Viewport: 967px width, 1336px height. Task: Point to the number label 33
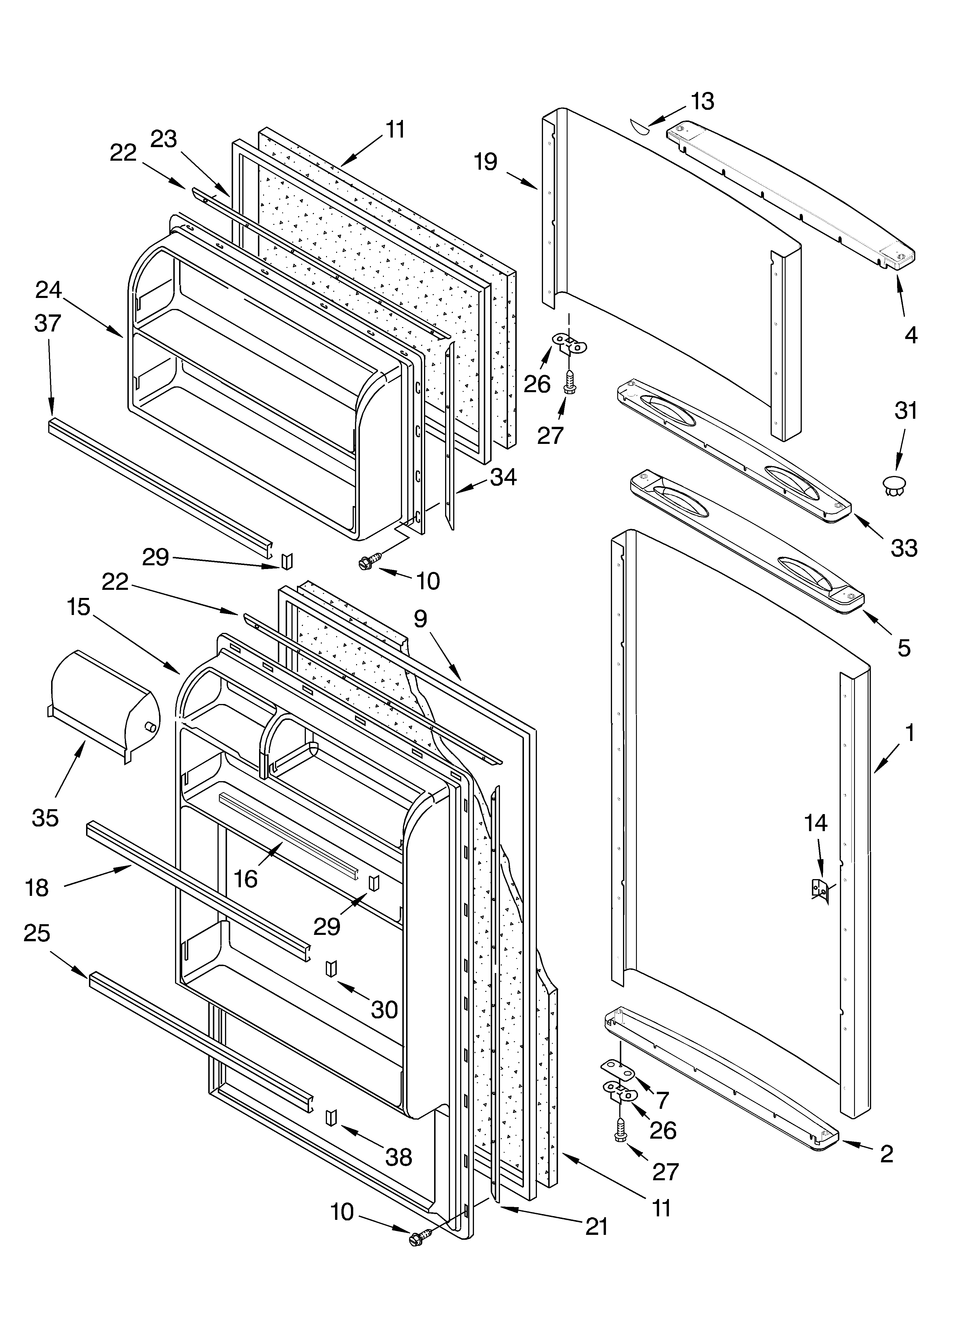point(904,548)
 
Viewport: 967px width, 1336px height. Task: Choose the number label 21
point(596,1238)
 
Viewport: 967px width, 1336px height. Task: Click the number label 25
point(37,933)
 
